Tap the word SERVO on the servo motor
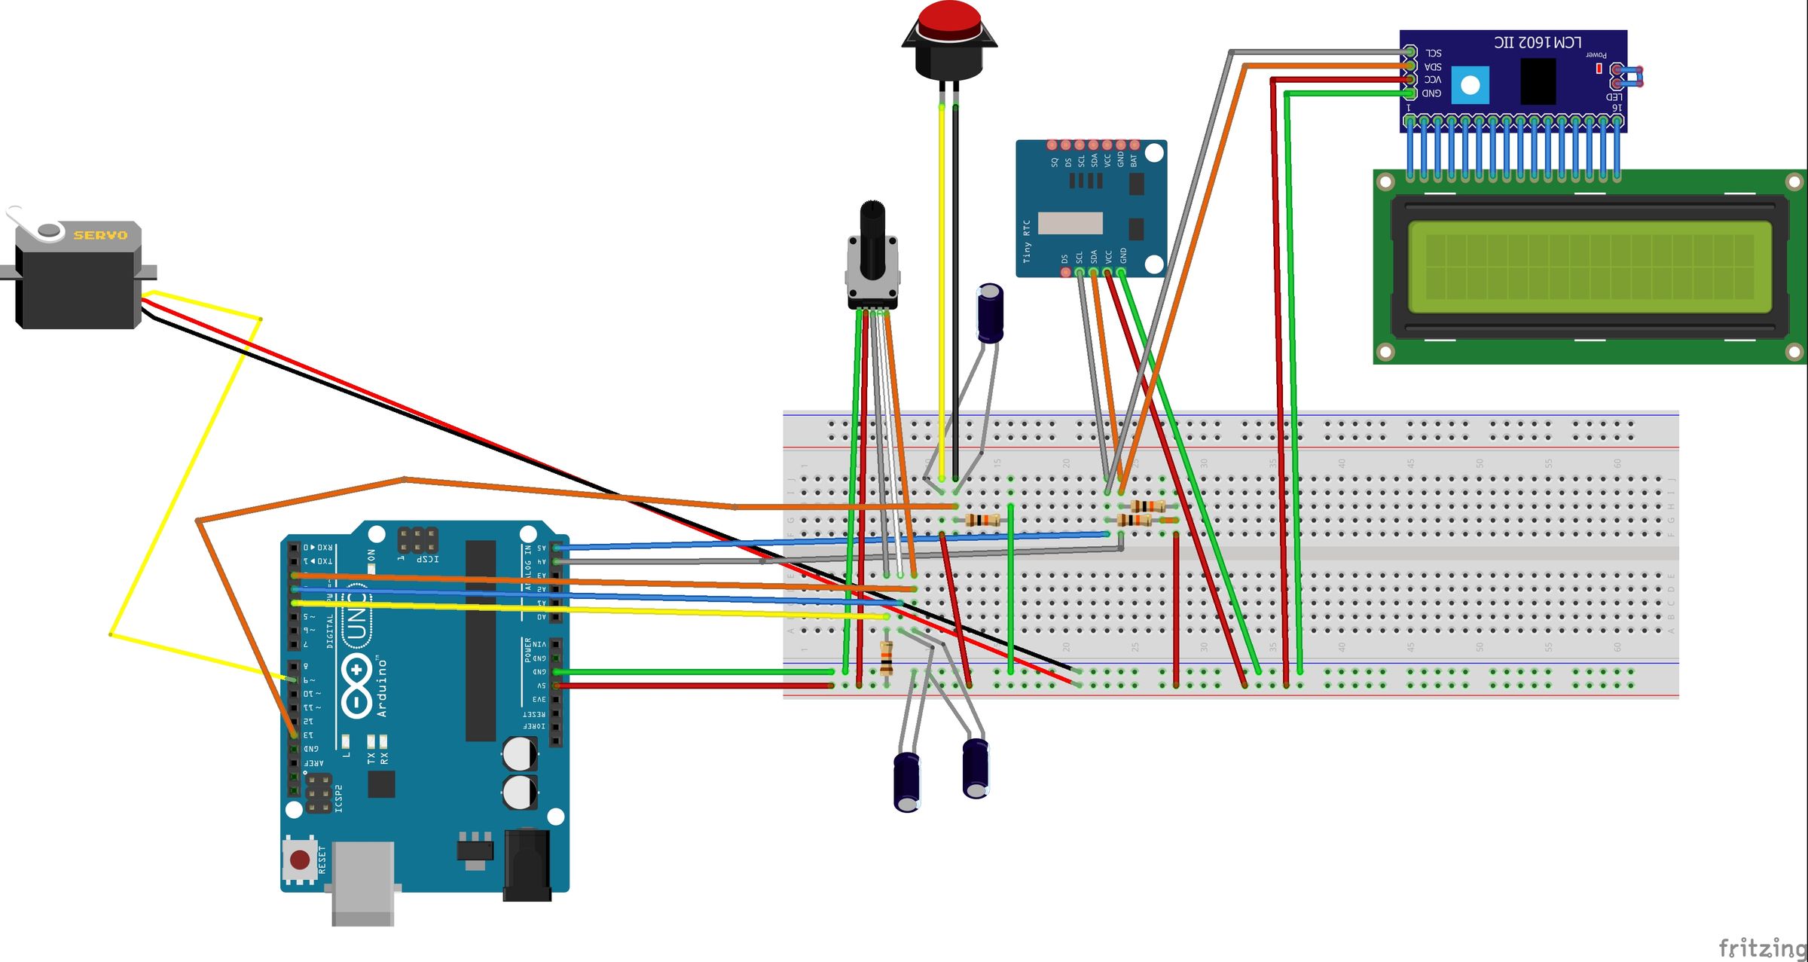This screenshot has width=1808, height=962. coord(100,235)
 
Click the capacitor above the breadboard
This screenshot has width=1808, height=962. coord(990,313)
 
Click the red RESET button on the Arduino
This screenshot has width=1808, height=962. coord(300,860)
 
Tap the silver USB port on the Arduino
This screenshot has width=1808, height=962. coord(363,881)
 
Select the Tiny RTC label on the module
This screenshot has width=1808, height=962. coord(1026,241)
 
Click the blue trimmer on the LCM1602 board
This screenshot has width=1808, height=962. coord(1470,85)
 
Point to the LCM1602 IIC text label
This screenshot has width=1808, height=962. coord(1538,42)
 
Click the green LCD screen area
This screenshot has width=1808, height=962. coord(1590,267)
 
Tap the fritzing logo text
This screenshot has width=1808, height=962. coord(1761,947)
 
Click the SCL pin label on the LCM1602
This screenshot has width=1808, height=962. coord(1434,53)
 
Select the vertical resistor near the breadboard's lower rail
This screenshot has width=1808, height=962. coord(887,658)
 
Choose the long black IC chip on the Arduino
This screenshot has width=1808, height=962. coord(481,640)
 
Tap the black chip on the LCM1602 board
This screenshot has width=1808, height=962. coord(1538,81)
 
